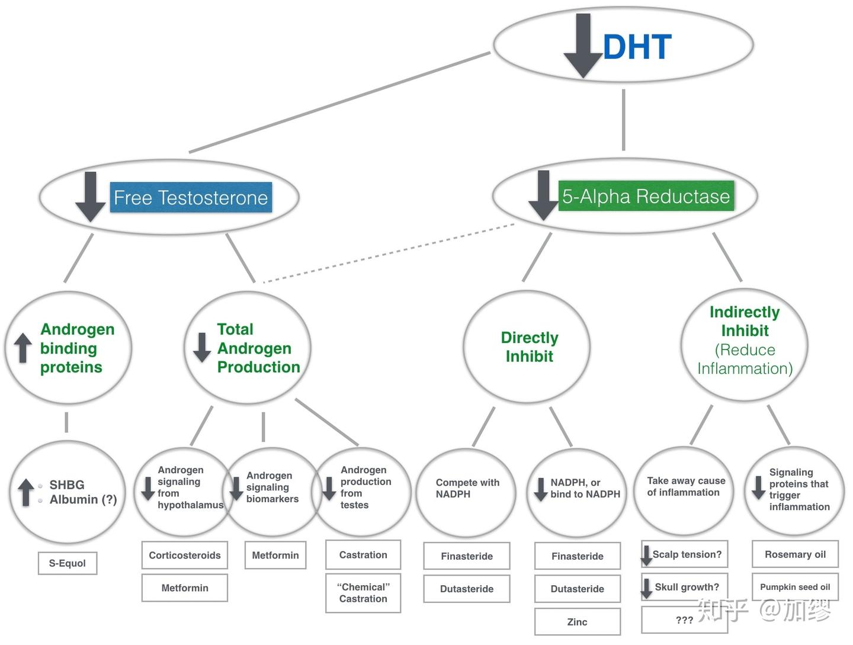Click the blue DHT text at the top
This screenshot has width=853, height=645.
637,47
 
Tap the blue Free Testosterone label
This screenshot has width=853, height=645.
190,197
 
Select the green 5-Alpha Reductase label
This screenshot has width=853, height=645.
646,196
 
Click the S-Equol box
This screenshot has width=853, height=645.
67,563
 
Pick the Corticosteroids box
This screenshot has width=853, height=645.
185,555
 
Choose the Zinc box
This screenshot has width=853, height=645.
577,622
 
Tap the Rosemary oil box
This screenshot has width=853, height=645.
795,554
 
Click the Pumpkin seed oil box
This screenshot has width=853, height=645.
795,587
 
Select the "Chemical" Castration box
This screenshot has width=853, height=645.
363,593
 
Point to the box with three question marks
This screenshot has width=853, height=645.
684,620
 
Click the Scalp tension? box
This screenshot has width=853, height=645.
685,554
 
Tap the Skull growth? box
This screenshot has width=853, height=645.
685,587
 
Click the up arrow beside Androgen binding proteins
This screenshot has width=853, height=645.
23,348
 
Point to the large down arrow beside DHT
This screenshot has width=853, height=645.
583,46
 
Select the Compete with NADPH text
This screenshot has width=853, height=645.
467,488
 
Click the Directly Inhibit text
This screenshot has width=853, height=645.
530,346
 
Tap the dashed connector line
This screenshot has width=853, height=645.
389,253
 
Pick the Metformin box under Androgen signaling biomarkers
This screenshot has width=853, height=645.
275,555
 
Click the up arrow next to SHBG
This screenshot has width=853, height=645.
26,492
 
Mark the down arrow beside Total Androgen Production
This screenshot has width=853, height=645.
202,348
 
